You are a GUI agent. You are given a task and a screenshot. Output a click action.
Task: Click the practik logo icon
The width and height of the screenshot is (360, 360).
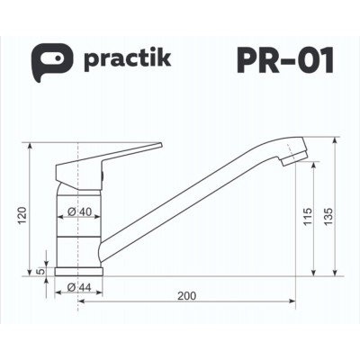tap(47, 61)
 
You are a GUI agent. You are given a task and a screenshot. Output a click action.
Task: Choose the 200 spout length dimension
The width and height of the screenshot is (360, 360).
tap(187, 295)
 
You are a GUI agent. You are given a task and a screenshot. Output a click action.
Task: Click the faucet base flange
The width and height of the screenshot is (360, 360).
tap(81, 269)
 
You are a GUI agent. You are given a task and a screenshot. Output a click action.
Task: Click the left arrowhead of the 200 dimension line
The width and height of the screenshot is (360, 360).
tap(83, 301)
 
